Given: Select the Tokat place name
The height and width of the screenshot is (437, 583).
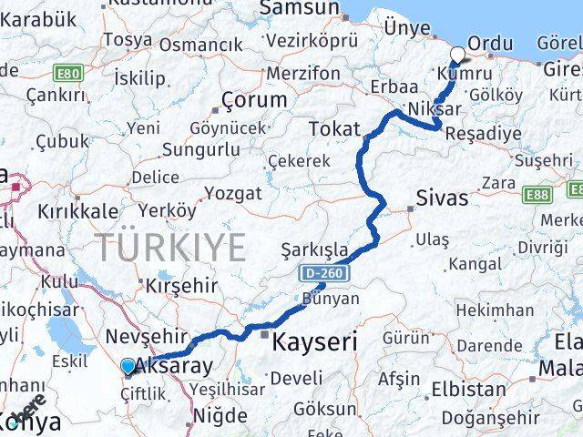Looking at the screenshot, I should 334,129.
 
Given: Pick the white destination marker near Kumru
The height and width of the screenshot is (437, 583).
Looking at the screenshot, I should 456,54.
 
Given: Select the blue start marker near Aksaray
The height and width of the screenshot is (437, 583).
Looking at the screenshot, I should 128,367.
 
